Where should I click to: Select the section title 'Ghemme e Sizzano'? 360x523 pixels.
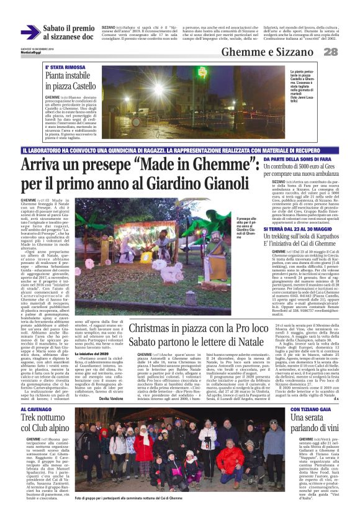coord(290,52)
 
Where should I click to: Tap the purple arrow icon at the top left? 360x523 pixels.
coord(30,32)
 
